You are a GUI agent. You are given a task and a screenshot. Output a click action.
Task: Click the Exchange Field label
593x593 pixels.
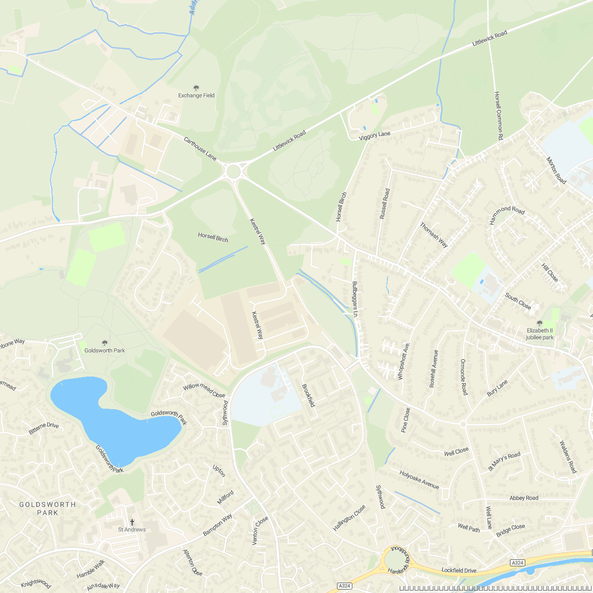(196, 95)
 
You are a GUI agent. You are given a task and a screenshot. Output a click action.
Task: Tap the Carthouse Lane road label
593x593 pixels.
(200, 148)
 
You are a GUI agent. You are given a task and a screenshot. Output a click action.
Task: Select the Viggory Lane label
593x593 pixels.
(375, 135)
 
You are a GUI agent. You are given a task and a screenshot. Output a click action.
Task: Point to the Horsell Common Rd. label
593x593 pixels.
(498, 117)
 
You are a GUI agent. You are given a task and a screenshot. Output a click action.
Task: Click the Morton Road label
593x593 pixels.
(556, 170)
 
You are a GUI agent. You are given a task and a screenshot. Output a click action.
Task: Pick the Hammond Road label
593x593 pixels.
(507, 215)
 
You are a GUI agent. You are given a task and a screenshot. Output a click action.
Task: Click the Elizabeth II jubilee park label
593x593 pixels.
(540, 334)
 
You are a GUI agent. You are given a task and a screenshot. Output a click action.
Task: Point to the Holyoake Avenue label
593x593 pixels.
(419, 480)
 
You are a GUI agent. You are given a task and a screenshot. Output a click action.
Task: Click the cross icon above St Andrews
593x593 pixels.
(132, 522)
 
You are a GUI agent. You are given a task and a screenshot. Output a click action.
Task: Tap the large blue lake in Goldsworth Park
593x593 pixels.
(114, 420)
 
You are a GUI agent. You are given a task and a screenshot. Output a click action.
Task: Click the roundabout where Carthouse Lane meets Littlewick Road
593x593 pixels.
(233, 172)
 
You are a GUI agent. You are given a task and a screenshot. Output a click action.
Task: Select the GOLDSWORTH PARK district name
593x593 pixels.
(47, 508)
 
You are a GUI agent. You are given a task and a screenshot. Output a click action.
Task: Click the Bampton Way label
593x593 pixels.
(217, 525)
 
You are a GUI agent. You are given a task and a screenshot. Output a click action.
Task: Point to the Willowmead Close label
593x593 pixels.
(204, 390)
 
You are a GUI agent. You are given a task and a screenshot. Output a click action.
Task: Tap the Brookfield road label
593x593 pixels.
(308, 395)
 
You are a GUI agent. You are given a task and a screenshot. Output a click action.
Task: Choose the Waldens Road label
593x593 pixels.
(567, 457)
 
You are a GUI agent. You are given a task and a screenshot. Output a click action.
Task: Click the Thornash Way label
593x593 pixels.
(434, 235)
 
